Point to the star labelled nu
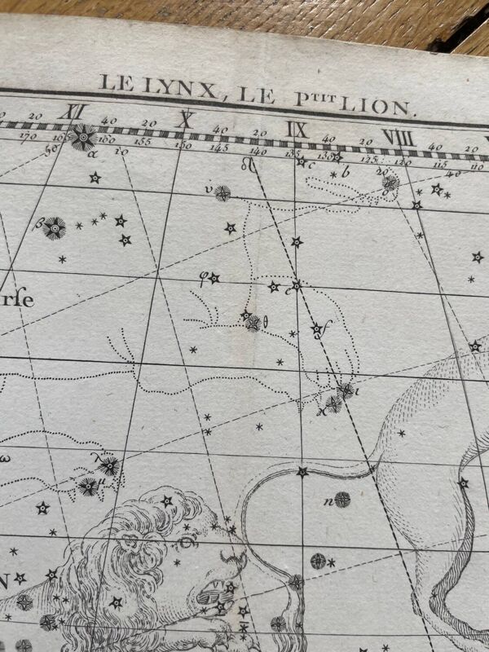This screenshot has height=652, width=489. click(x=222, y=193)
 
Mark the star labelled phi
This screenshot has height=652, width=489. click(x=214, y=279)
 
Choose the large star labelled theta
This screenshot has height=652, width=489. click(x=253, y=323)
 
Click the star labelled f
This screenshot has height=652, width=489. click(x=317, y=329)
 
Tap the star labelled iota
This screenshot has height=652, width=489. click(x=346, y=390)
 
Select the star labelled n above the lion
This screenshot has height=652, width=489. click(x=341, y=499)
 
